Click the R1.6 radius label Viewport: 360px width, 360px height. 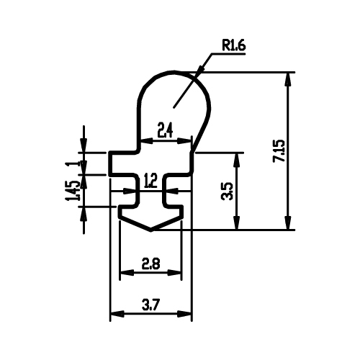coord(234,45)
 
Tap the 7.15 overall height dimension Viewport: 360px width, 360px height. coord(279,151)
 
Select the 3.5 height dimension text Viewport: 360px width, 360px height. coord(227,192)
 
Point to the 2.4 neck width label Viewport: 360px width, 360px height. coord(165,130)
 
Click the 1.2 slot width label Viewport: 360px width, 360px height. coord(151,181)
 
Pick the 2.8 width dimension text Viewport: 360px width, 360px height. coord(150,264)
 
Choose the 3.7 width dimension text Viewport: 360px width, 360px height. coord(150,305)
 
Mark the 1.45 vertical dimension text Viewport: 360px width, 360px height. coord(71,191)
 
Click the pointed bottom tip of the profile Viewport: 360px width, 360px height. coord(150,230)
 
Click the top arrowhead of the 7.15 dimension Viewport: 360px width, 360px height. coord(288,79)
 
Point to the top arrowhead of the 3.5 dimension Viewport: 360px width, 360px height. coord(237,160)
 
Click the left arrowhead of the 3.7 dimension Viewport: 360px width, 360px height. coord(117,314)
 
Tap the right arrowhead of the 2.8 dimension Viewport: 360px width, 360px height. coord(174,273)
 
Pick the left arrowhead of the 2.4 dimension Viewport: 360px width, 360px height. coord(146,141)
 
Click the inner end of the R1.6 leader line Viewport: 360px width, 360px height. coord(174,107)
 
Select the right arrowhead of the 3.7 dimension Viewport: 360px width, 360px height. coord(184,314)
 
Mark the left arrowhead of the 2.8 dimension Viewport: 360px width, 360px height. coord(127,273)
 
